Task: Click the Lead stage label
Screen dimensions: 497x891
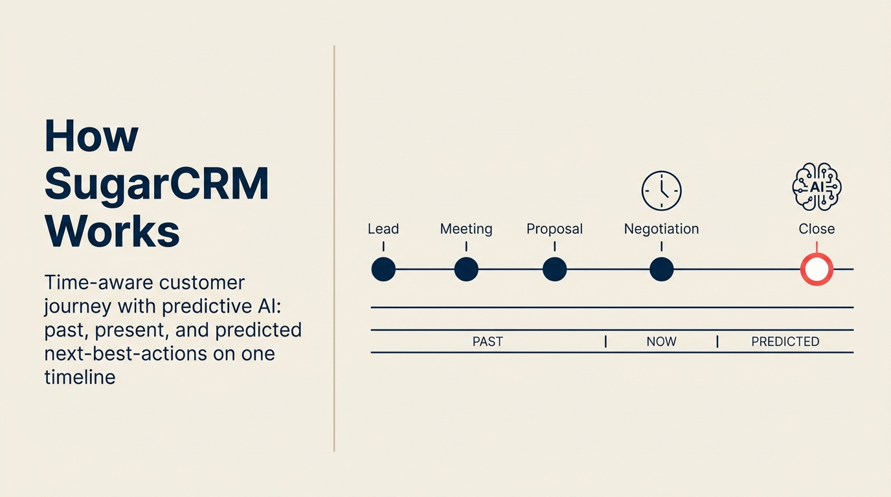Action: (383, 229)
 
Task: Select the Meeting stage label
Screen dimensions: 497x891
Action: (466, 229)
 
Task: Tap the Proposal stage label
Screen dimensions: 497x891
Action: (554, 229)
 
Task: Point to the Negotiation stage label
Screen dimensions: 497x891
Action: (661, 229)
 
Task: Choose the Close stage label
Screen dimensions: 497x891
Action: (817, 229)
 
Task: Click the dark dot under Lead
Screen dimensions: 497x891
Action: (383, 269)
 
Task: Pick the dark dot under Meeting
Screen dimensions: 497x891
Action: (466, 269)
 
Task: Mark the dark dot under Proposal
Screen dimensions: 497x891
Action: (554, 269)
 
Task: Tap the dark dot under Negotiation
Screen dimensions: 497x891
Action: (661, 269)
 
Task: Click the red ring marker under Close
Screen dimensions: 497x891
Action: (817, 269)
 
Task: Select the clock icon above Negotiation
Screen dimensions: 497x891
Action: (661, 191)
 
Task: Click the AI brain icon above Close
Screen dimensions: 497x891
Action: (817, 187)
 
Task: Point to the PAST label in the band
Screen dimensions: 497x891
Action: (488, 342)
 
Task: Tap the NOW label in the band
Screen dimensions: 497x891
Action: (661, 342)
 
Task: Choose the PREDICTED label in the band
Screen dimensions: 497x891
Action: (785, 342)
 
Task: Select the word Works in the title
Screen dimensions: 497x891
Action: (112, 231)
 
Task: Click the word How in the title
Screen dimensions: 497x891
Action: (91, 136)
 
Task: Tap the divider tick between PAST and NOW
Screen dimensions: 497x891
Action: (605, 342)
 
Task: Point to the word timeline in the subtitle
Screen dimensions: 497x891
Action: (80, 377)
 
